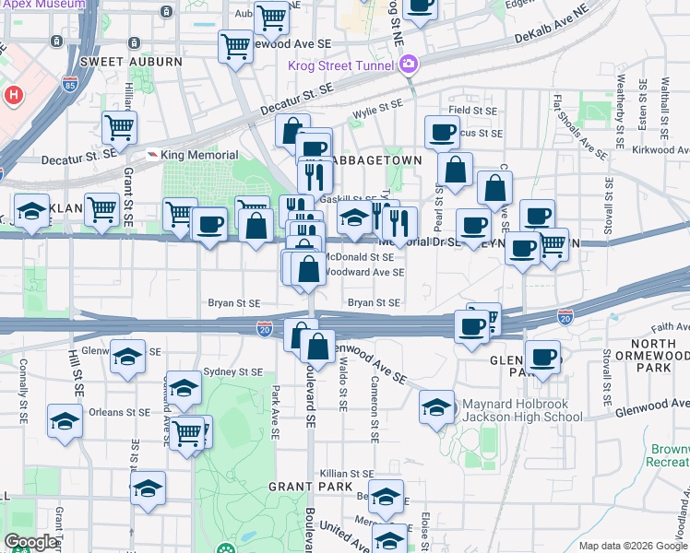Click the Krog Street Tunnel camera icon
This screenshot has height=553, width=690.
408,65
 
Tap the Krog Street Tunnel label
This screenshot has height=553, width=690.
341,65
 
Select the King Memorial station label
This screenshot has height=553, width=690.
199,154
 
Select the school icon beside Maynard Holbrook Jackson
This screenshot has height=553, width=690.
436,406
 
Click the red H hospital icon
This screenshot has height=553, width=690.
14,94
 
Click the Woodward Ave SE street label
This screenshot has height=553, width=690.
365,272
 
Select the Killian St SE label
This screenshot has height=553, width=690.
345,474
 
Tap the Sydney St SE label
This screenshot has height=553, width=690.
232,371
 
